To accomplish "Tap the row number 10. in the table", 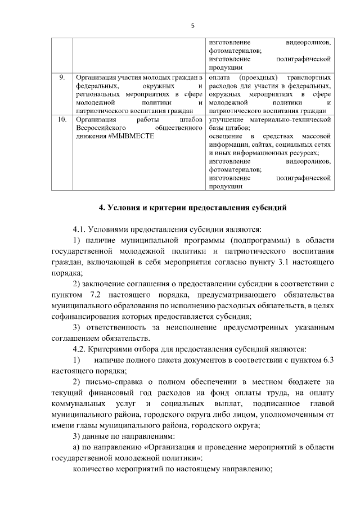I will coord(61,120).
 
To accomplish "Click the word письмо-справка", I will coord(114,382).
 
